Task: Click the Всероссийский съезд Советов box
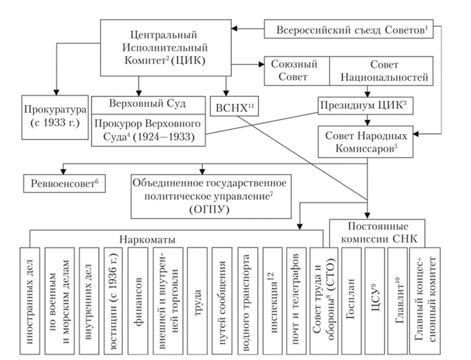pyautogui.click(x=352, y=30)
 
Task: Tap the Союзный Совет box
pyautogui.click(x=296, y=71)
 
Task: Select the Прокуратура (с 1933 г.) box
pyautogui.click(x=55, y=116)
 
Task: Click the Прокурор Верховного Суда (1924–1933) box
pyautogui.click(x=148, y=131)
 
